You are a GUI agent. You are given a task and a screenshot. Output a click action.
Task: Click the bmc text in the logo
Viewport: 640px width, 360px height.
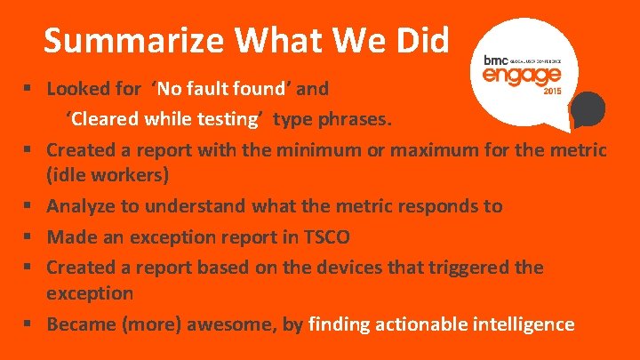point(494,60)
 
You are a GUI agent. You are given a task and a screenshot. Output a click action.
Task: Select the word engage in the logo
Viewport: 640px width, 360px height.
point(516,75)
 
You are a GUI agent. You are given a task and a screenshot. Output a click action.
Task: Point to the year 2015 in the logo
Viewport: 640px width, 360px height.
point(550,91)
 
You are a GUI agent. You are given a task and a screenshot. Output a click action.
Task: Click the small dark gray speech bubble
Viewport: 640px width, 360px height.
point(588,110)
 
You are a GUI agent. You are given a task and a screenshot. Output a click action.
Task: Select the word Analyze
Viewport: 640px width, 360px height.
point(81,206)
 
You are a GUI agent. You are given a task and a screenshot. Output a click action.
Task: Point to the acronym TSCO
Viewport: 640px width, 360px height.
point(325,236)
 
